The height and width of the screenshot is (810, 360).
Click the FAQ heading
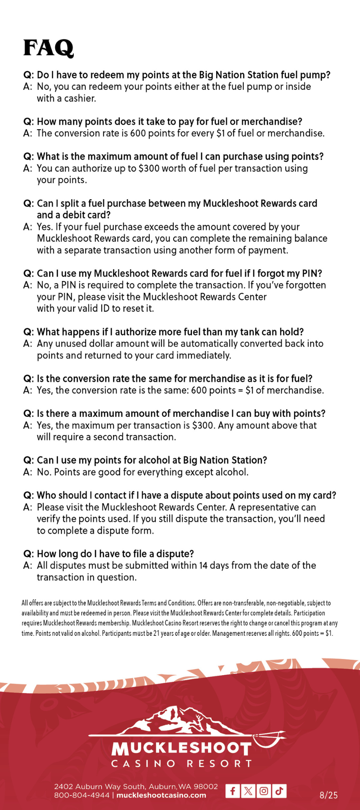48,48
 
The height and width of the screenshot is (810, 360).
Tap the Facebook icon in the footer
232,791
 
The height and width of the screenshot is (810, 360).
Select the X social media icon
248,791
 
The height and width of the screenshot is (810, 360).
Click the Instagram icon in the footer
264,791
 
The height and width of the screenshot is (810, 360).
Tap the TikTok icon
279,791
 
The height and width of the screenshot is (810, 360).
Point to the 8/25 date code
328,795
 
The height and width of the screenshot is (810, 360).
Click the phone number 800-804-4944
82,795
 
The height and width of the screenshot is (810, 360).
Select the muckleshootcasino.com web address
161,795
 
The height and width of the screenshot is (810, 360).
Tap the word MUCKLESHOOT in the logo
181,749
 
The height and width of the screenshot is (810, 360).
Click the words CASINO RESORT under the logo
181,763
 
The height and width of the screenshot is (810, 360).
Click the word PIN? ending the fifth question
312,273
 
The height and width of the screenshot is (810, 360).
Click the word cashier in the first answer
80,98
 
